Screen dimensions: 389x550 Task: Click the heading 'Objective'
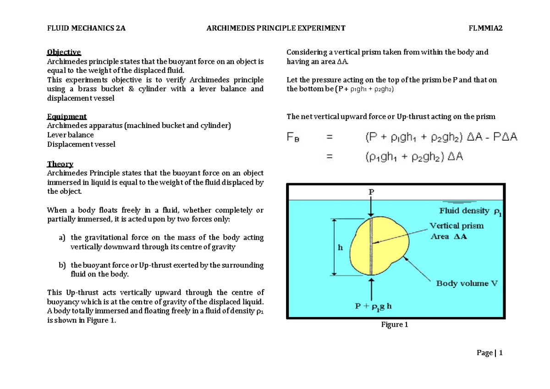point(64,52)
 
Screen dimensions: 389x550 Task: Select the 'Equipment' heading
point(67,116)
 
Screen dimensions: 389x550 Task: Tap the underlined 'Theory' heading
point(60,164)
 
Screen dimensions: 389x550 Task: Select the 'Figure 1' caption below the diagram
point(395,325)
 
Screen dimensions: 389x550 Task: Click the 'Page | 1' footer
point(490,353)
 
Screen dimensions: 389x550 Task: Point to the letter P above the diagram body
point(372,193)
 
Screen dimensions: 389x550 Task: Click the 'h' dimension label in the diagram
point(340,247)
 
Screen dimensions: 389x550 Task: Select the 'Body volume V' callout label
point(467,284)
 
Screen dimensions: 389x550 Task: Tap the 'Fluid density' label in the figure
point(465,211)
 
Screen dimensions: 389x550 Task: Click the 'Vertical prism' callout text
point(456,226)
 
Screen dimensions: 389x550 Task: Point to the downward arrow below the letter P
point(372,207)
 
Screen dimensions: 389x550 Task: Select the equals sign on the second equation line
point(329,157)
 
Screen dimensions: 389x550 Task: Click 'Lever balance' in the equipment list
point(71,135)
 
